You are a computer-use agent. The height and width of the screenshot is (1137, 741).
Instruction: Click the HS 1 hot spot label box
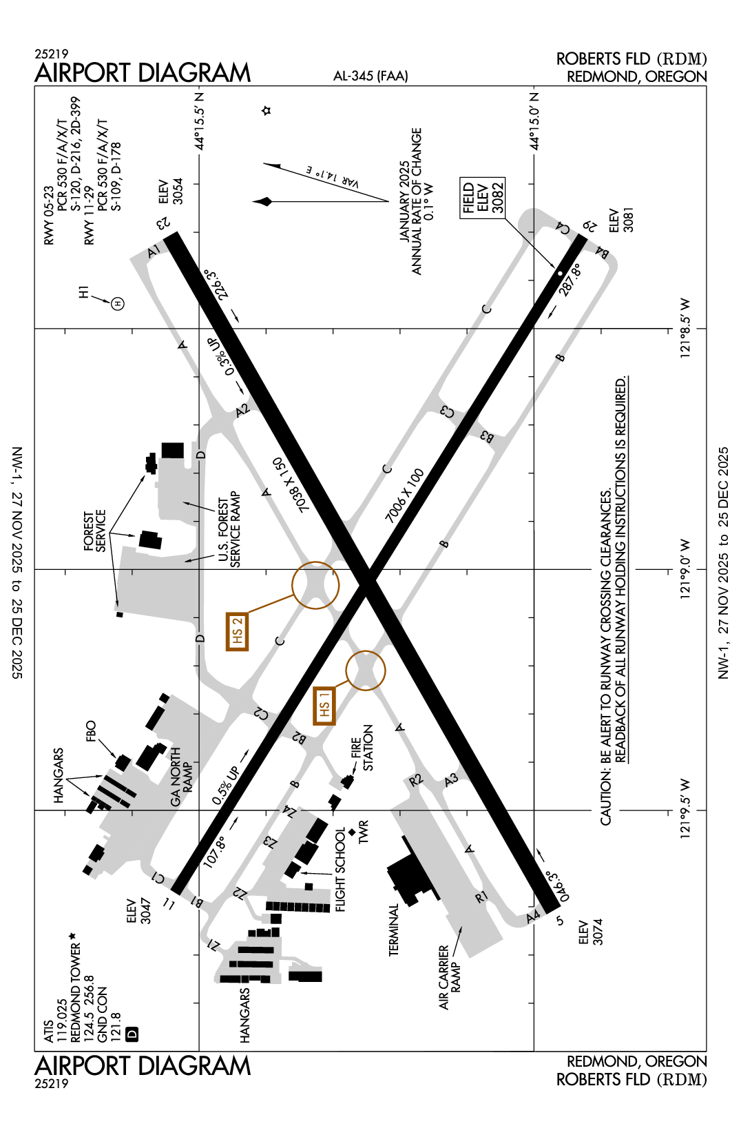click(324, 706)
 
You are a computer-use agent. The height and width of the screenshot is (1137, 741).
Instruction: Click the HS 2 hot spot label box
click(237, 631)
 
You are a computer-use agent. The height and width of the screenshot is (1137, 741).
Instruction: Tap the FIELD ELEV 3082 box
click(483, 198)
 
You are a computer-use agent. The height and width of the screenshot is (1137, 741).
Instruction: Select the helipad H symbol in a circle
click(118, 303)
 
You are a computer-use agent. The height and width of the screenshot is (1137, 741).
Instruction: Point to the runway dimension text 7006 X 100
click(404, 495)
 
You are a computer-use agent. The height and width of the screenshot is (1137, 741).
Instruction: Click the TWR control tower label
click(364, 832)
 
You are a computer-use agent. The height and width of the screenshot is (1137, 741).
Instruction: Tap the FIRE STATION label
click(362, 748)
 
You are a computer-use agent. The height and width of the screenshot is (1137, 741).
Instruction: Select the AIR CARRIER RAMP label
click(449, 977)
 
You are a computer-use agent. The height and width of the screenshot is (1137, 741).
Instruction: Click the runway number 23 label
click(163, 223)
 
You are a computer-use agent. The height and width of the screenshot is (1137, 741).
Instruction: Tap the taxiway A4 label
click(533, 917)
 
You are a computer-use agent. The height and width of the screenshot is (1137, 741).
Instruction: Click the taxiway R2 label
click(415, 780)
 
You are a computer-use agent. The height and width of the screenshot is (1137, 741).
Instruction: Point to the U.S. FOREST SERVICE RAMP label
click(229, 529)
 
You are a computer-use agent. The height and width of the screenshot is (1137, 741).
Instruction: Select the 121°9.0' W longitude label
click(685, 569)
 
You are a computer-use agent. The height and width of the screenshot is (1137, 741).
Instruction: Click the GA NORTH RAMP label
click(181, 777)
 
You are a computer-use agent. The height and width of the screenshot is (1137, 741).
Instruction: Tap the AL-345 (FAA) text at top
click(370, 76)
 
